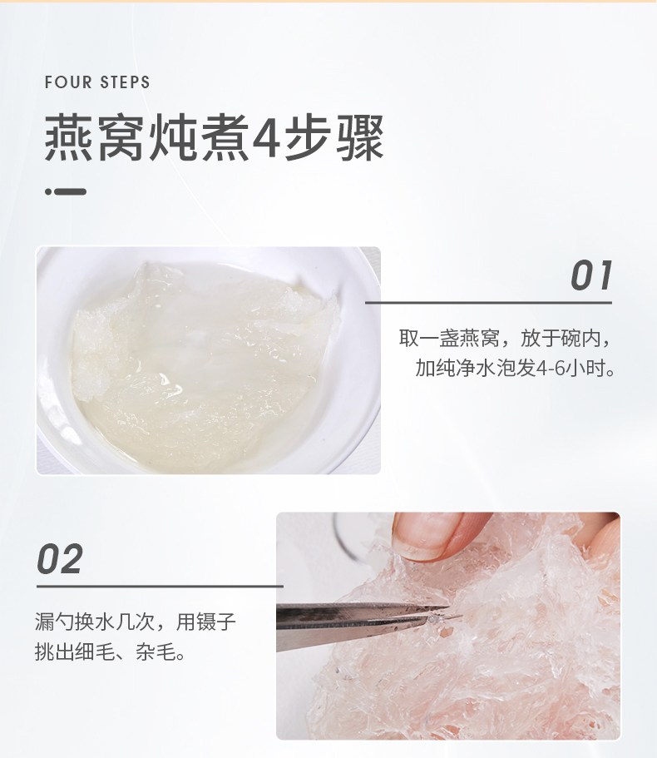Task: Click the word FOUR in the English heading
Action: pos(68,82)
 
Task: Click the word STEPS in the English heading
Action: pos(125,82)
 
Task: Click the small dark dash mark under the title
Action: pos(67,191)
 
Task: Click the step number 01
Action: pos(591,275)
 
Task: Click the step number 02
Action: pos(60,559)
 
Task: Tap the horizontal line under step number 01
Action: pos(488,303)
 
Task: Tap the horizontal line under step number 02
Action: pos(160,587)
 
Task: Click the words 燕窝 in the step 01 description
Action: pos(479,338)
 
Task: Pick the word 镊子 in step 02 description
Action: pos(216,622)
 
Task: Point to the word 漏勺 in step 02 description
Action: pos(55,622)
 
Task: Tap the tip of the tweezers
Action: pos(462,616)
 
